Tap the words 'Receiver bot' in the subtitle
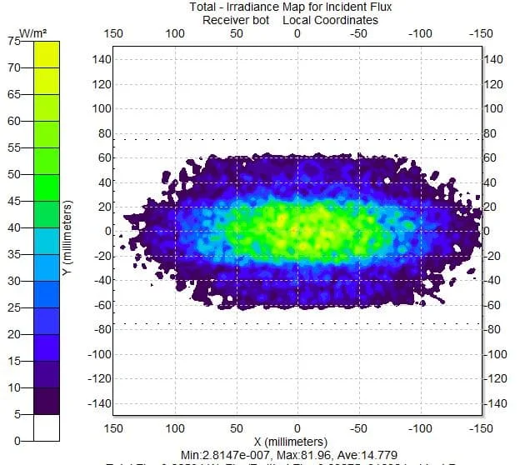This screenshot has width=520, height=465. (239, 20)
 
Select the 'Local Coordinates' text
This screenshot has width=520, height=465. (330, 20)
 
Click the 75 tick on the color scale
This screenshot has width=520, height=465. (12, 40)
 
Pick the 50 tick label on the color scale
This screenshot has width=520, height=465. (12, 174)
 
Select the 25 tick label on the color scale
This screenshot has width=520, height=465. (12, 307)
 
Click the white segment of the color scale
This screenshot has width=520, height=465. (46, 427)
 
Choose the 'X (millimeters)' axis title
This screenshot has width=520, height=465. (297, 440)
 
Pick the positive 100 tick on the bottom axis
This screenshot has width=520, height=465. (175, 427)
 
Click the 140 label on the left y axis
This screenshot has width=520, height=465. (102, 59)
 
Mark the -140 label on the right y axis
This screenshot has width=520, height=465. (496, 402)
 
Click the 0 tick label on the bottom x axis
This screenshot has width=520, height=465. (297, 427)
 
